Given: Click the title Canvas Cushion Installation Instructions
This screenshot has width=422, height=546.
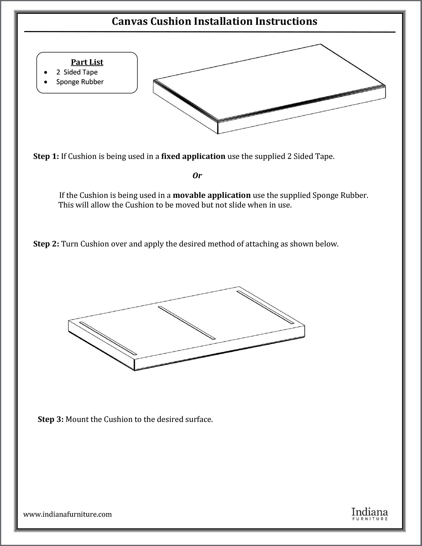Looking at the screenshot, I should coord(214,21).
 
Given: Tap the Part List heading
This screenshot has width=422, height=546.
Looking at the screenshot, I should coord(87,62).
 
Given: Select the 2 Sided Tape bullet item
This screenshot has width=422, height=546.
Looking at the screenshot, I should coord(77,72).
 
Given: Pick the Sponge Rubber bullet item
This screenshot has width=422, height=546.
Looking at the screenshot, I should coord(80,82).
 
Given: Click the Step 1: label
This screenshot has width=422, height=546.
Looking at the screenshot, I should coord(46,156).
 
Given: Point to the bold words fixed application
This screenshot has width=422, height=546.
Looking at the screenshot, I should coord(193,156).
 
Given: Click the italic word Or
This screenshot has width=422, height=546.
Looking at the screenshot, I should coord(197,175).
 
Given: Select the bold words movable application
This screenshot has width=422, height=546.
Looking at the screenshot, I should coord(211,195).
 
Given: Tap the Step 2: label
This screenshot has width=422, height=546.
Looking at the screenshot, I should coord(46,244).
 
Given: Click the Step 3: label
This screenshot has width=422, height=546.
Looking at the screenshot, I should coord(51,419).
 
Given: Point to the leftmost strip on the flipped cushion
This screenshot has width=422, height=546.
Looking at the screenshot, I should coord(108,338).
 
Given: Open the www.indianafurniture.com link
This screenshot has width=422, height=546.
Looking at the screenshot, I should coord(68,514).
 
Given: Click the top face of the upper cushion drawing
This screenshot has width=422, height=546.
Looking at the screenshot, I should coord(269,81).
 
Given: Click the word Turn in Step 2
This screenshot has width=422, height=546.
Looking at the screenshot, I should coord(70,244).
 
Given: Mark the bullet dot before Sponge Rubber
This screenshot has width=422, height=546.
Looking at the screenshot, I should coord(46,82).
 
